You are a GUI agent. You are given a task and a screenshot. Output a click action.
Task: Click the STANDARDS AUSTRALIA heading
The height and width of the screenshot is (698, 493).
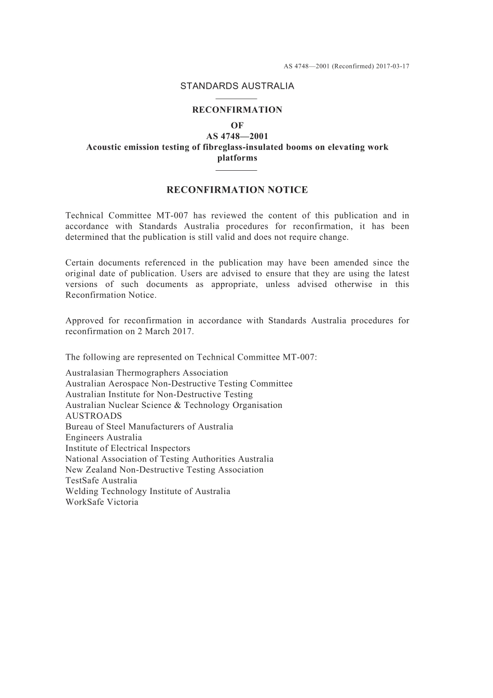coord(237,86)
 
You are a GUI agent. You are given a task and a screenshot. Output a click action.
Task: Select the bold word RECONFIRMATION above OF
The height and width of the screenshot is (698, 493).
coord(237,110)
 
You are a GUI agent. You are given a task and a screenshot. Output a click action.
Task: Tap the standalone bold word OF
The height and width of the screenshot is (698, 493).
coord(237,126)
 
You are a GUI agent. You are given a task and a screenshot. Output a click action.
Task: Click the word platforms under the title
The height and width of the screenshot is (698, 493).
coord(237,158)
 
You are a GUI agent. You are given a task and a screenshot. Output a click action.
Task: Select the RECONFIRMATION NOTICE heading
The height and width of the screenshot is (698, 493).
coord(237,190)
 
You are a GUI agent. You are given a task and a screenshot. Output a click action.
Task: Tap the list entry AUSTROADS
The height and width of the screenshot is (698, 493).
coord(93,416)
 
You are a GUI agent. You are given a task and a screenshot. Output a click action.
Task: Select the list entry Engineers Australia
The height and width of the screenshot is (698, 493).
coord(103,437)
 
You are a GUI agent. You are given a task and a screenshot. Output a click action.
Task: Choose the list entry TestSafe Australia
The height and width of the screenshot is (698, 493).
coord(101,481)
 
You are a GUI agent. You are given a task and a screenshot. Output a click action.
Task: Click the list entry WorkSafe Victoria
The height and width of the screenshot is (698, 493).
coord(102,502)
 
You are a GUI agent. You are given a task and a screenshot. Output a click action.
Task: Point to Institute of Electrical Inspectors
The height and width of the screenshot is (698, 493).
coord(128,448)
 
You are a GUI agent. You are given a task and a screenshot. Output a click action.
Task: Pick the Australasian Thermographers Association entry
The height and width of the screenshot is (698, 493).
coord(146,373)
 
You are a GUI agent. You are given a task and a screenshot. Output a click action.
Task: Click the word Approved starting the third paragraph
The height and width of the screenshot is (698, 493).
coord(84,321)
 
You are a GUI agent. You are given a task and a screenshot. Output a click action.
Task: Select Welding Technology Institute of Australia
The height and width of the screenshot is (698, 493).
coord(147,491)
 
